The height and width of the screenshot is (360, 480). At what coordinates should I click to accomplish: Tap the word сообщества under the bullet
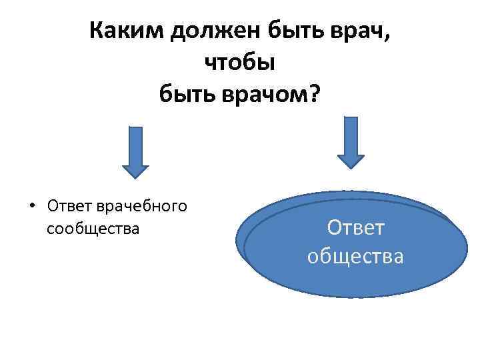click(93, 229)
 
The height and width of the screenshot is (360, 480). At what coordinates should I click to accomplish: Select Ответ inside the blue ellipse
click(355, 228)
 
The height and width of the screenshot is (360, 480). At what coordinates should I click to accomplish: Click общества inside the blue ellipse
click(355, 255)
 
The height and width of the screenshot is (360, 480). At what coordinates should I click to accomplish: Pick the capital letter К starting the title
click(95, 31)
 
